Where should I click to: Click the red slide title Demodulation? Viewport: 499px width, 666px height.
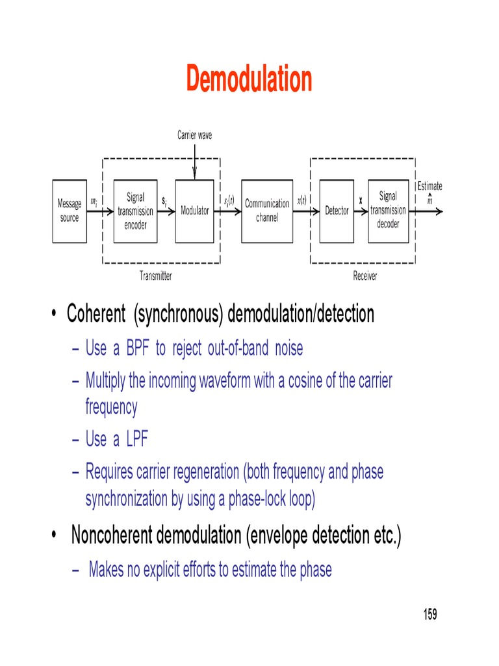pos(249,79)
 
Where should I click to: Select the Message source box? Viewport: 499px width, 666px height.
pos(70,211)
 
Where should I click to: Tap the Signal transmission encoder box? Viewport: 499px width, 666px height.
pos(135,211)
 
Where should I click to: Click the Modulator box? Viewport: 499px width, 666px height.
pos(195,211)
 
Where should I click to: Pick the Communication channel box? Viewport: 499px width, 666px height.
pos(267,211)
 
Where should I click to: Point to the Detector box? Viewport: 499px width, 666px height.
pos(337,211)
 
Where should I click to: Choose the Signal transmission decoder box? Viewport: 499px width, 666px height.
pos(388,211)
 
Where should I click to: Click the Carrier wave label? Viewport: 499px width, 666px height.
pos(195,135)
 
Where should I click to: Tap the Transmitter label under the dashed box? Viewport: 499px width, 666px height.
pos(156,276)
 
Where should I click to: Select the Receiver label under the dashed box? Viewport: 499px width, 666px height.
pos(365,276)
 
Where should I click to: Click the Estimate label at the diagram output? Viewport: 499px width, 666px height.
pos(429,186)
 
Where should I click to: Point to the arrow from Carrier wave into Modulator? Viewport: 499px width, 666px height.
pos(195,160)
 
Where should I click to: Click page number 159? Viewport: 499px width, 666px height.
pos(430,614)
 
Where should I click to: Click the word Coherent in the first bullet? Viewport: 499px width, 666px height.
pos(96,315)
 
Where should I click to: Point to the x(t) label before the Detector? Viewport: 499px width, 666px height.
pos(301,202)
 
